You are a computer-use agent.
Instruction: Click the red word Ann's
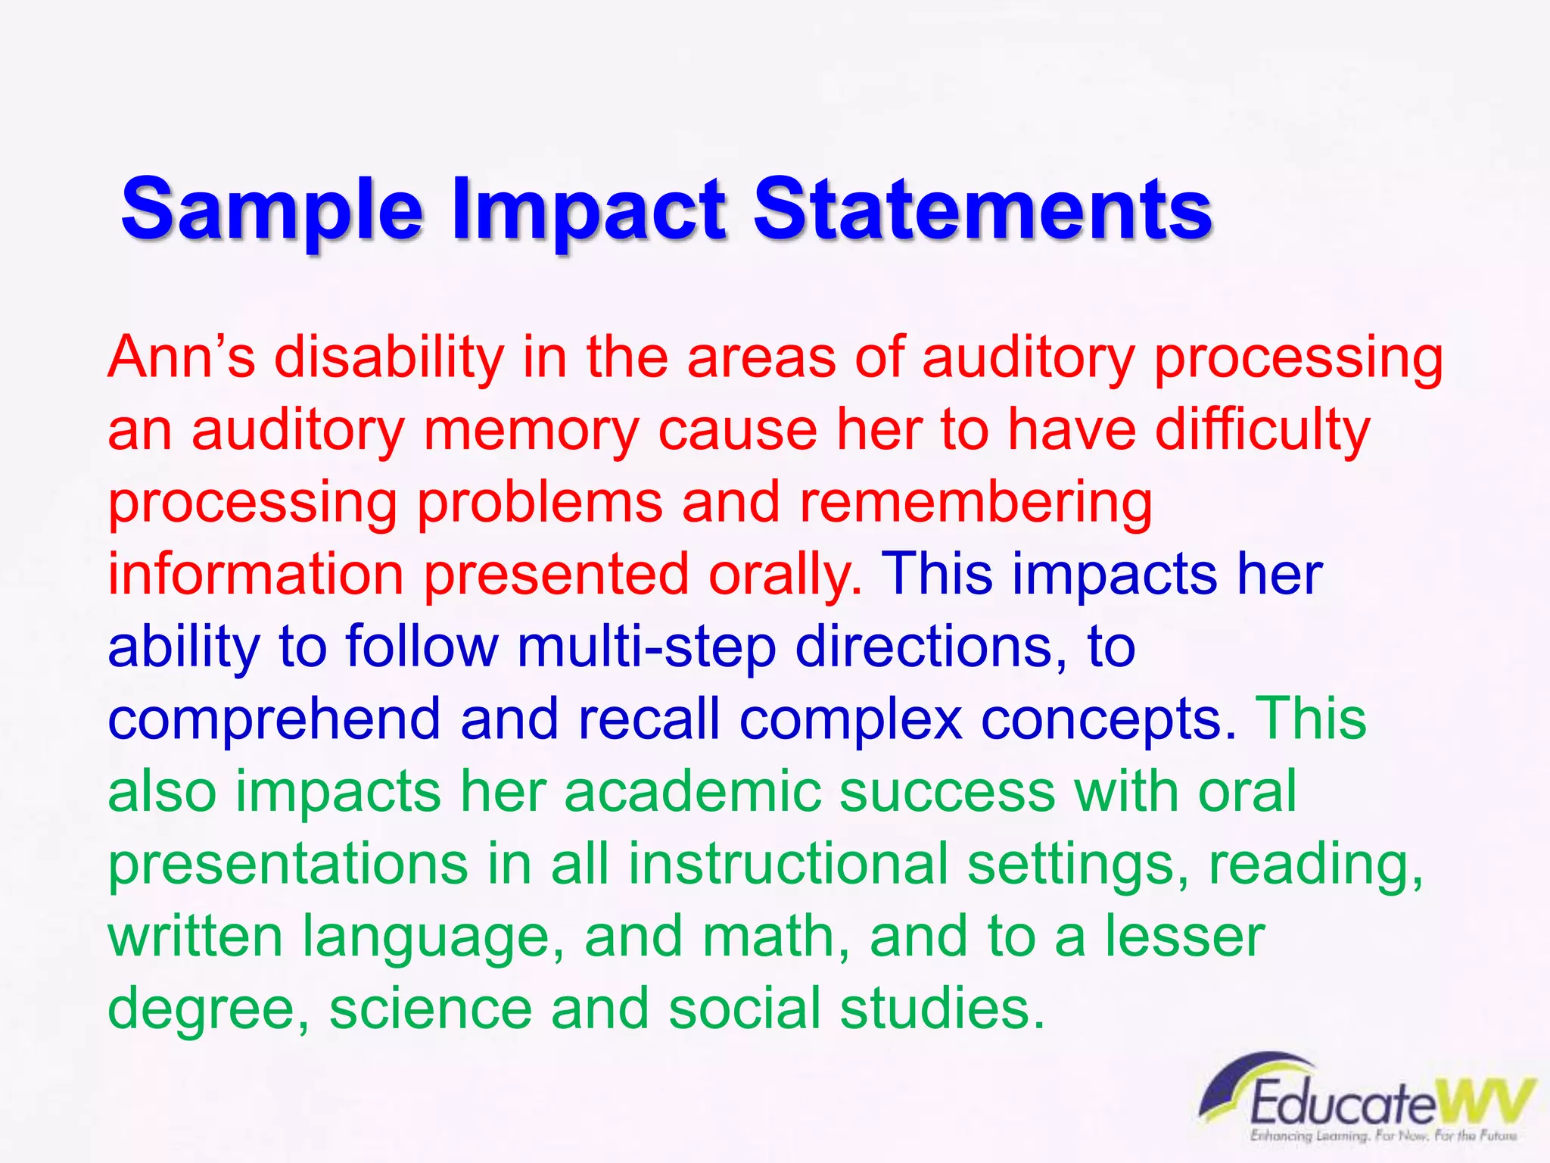pos(181,357)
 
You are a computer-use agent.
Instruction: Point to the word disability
pos(388,357)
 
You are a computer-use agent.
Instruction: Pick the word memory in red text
pos(531,430)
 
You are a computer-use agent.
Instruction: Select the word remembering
pos(976,502)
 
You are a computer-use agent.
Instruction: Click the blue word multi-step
pos(646,647)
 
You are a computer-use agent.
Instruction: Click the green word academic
pos(692,791)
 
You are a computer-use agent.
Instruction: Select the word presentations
pos(288,864)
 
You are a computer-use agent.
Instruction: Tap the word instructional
pos(788,864)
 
